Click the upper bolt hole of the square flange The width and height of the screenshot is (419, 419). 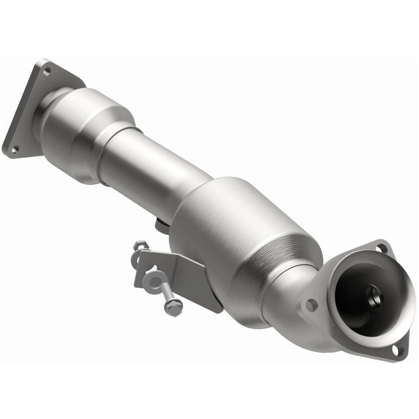47,71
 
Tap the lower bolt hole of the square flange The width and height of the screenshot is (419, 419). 14,149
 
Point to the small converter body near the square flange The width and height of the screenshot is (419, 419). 87,131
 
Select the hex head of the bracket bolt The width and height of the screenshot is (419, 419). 173,307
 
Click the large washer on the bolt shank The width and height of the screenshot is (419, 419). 153,282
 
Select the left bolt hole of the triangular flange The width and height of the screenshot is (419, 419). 311,303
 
